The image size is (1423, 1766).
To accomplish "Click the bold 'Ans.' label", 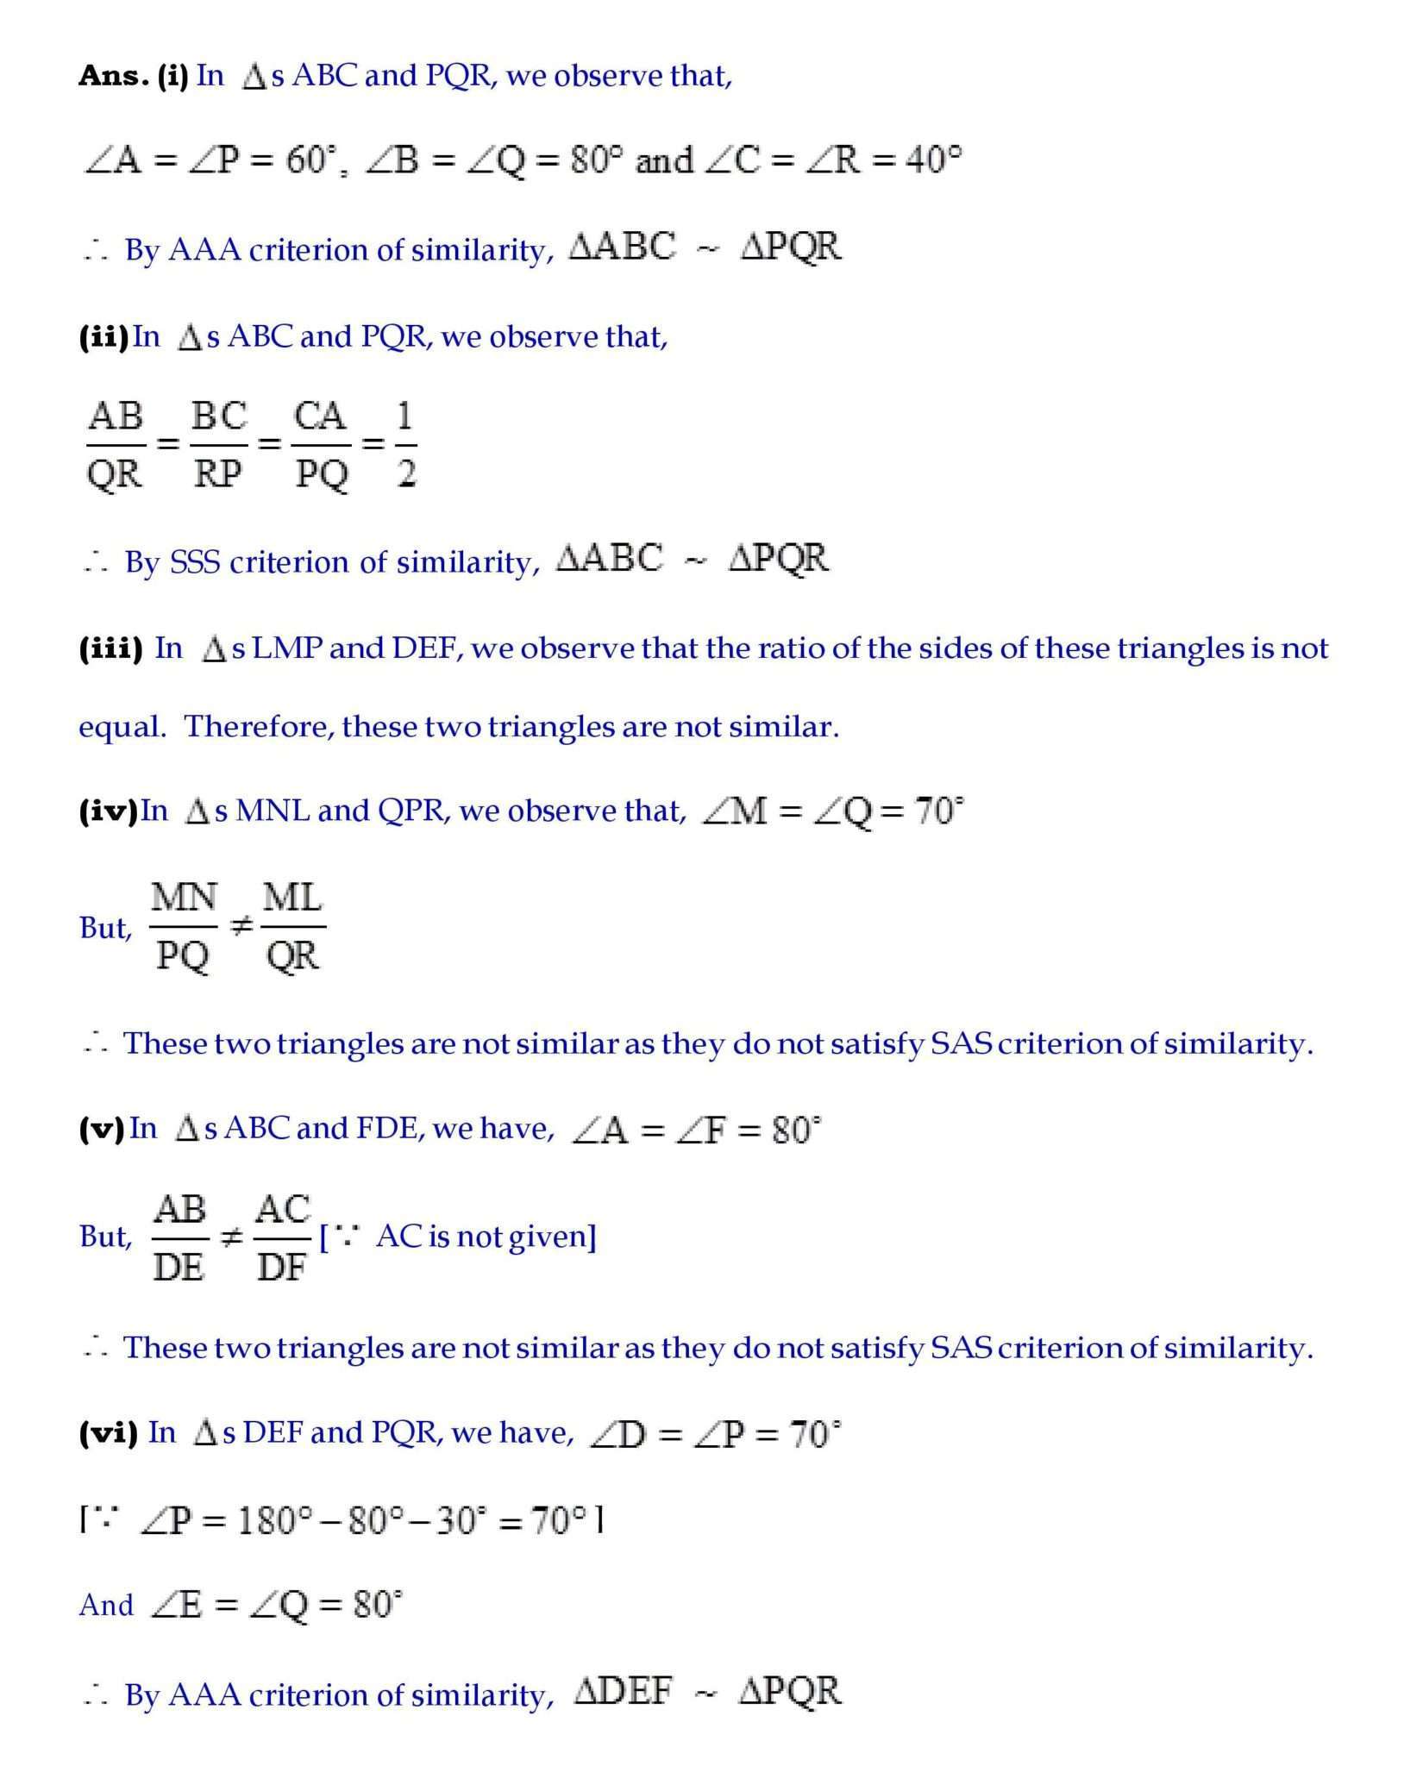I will (113, 76).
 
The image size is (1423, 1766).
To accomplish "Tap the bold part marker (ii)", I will (103, 336).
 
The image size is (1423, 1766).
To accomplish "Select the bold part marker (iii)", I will (110, 648).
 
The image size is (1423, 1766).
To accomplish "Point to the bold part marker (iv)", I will (108, 811).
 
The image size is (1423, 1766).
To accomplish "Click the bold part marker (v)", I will (102, 1128).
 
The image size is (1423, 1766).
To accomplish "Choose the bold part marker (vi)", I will (108, 1432).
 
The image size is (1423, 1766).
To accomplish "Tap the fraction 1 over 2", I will (405, 445).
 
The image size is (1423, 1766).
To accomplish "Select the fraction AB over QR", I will (116, 445).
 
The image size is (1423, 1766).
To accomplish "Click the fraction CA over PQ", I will (321, 445).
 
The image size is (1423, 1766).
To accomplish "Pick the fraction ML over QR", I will (292, 927).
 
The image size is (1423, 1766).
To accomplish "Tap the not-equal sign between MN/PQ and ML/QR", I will (241, 927).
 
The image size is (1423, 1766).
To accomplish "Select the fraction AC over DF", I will (282, 1237).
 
